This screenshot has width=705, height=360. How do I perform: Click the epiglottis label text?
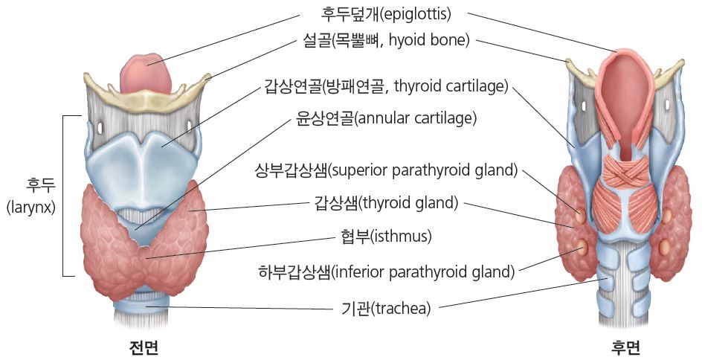pos(385,14)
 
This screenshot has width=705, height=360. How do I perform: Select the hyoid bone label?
pos(386,41)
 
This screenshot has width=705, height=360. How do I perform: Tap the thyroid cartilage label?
pos(386,86)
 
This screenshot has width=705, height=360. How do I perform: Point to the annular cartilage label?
pos(386,118)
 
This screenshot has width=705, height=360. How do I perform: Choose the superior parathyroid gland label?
pos(386,171)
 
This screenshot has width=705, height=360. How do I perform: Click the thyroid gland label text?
pos(386,203)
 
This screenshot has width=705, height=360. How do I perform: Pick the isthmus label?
pos(386,236)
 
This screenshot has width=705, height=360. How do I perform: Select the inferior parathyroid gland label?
pos(386,272)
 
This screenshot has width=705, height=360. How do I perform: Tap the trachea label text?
pos(386,309)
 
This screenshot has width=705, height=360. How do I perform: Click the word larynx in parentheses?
pos(30,208)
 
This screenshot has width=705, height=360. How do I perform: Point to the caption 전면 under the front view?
pos(144,347)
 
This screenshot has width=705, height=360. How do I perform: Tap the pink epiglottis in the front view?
pos(147,72)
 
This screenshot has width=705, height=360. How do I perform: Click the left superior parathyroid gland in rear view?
pos(581,216)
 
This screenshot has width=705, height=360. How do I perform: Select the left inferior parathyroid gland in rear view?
pos(582,246)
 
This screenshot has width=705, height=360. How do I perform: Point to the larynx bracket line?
pos(63,196)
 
